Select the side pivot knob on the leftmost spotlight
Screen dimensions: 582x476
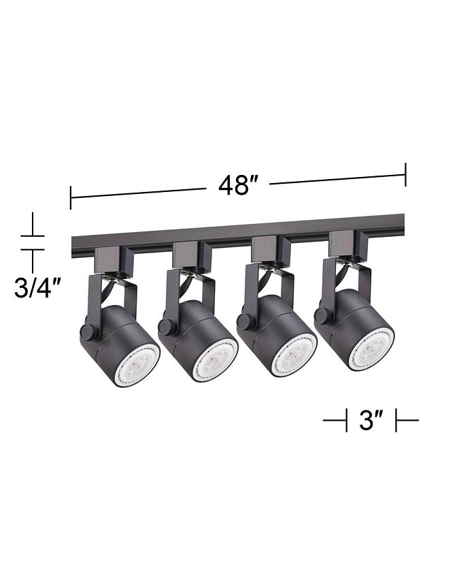pyautogui.click(x=87, y=332)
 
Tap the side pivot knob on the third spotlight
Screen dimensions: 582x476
pyautogui.click(x=244, y=321)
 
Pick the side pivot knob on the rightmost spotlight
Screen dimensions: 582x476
pyautogui.click(x=322, y=315)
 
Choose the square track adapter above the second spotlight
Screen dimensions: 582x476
pyautogui.click(x=186, y=254)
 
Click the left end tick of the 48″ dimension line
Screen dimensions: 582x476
pyautogui.click(x=71, y=198)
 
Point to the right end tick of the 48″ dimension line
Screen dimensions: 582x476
pyautogui.click(x=405, y=174)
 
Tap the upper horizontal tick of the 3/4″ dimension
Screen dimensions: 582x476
pyautogui.click(x=32, y=236)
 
